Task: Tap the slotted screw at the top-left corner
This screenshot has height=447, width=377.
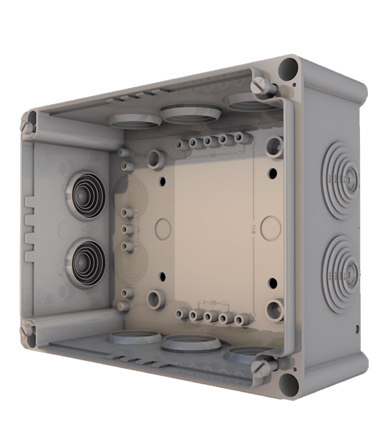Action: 26,126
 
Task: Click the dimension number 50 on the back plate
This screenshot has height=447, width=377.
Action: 213,156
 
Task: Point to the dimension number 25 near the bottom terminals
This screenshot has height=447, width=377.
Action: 213,302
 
